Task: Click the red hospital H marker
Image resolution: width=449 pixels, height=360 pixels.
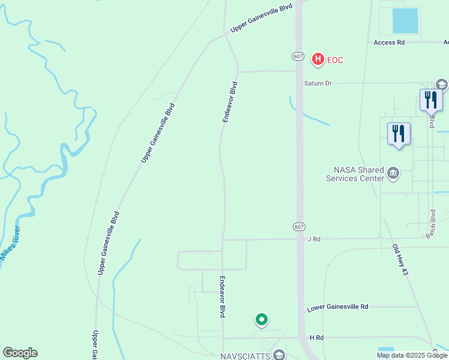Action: tap(318, 59)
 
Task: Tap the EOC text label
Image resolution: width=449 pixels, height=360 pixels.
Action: tap(335, 59)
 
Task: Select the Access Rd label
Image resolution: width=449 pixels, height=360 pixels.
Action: tap(389, 43)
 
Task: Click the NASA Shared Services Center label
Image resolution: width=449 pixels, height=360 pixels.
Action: tap(354, 174)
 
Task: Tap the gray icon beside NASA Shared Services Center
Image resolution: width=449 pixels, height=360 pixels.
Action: tap(393, 174)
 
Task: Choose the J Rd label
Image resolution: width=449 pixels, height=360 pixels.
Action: tap(314, 239)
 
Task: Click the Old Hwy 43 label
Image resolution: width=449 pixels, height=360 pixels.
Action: tap(400, 260)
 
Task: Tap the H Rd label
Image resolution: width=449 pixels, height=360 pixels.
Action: tap(316, 338)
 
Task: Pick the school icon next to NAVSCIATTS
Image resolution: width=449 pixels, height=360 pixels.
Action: tap(279, 355)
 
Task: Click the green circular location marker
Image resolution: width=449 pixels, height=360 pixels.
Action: tap(261, 320)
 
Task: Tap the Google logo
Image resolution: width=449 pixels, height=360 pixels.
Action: tap(20, 353)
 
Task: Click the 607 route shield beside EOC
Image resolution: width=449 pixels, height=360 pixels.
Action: tap(298, 56)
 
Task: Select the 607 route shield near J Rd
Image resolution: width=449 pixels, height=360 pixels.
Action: tap(300, 226)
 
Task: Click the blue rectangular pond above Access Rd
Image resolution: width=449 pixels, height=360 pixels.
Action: tap(405, 21)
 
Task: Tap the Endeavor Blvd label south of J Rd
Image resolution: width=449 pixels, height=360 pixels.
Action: tap(222, 296)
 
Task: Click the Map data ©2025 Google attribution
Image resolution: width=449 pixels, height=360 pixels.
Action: tap(411, 355)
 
